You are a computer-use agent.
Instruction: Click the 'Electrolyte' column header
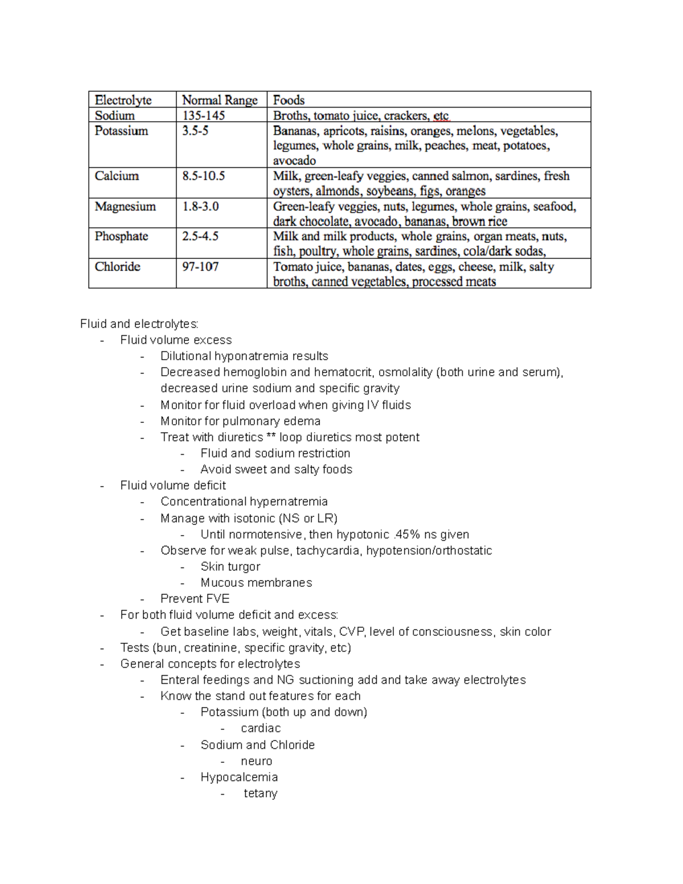tap(123, 100)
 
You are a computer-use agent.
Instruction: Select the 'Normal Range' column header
tap(220, 100)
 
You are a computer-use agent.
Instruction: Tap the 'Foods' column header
tap(289, 100)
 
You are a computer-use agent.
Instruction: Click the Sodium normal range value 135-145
tap(203, 116)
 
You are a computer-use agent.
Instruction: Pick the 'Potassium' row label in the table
tap(121, 131)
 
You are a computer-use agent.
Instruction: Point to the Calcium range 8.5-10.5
tap(203, 176)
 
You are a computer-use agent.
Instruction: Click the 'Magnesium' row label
tap(125, 206)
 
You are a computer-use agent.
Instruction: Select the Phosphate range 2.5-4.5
tap(200, 236)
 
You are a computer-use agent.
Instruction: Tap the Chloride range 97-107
tap(200, 266)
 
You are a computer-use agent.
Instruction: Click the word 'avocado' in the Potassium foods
tap(294, 161)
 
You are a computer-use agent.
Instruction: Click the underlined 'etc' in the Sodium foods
tap(441, 116)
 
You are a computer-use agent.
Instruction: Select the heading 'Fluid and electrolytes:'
tap(139, 324)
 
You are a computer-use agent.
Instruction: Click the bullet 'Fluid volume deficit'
tap(173, 485)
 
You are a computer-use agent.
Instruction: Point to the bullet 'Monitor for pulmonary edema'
tap(240, 421)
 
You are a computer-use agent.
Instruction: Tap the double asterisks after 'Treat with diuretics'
tap(271, 437)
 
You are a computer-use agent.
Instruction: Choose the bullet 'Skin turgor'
tap(230, 566)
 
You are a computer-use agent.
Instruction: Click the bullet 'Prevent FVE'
tap(195, 598)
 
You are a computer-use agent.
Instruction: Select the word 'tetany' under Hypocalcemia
tap(260, 793)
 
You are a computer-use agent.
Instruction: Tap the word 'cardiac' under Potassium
tap(260, 728)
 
